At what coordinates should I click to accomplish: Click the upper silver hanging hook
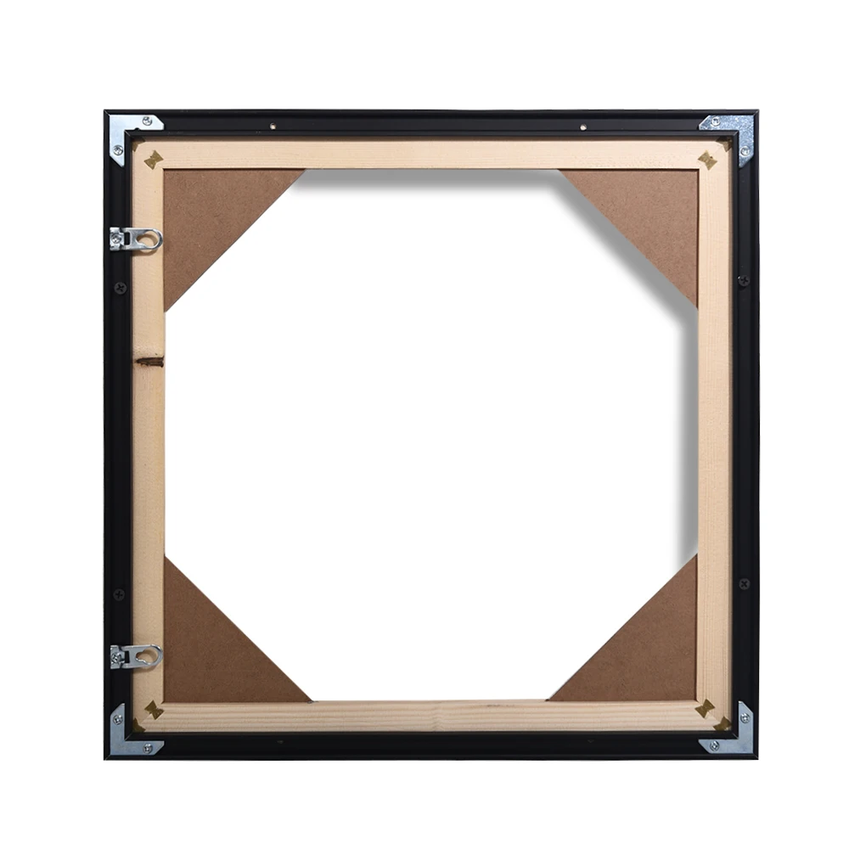pyautogui.click(x=136, y=239)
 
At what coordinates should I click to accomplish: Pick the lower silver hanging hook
pyautogui.click(x=136, y=655)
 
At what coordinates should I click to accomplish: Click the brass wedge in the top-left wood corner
pyautogui.click(x=154, y=159)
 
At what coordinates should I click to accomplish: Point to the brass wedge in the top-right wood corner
pyautogui.click(x=706, y=159)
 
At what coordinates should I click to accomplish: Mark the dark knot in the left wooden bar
pyautogui.click(x=150, y=362)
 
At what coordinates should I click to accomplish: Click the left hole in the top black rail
pyautogui.click(x=273, y=127)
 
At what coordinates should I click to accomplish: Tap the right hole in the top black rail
pyautogui.click(x=582, y=127)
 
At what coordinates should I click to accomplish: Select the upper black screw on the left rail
pyautogui.click(x=120, y=288)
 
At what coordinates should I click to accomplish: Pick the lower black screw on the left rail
pyautogui.click(x=120, y=593)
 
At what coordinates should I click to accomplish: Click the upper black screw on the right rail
pyautogui.click(x=744, y=280)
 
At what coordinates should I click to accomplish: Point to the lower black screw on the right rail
pyautogui.click(x=744, y=584)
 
